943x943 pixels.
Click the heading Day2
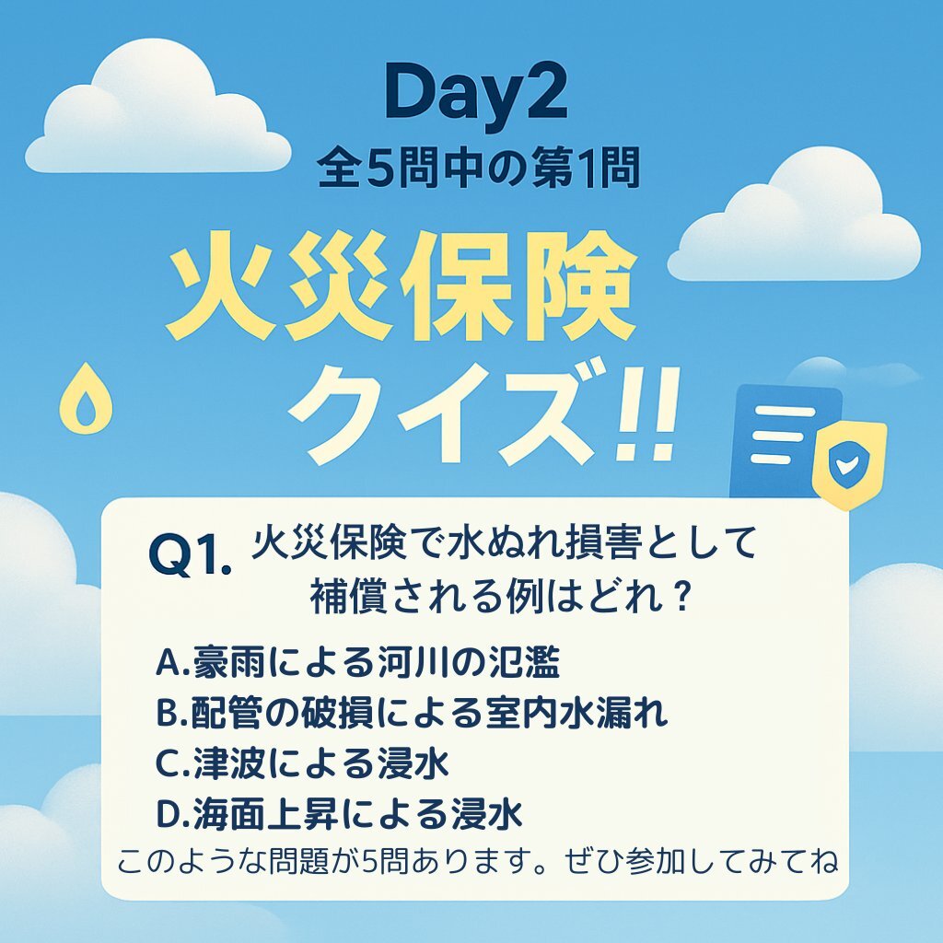coord(476,95)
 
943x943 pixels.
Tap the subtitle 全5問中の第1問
coord(478,168)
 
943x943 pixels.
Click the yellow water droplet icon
coord(86,398)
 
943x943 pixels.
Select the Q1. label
coord(189,555)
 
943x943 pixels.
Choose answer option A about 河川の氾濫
coord(357,663)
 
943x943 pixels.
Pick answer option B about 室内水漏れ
coord(412,714)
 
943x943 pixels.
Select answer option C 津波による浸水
coord(302,763)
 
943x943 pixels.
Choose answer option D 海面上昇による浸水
coord(339,814)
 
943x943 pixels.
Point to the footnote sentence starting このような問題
coord(477,862)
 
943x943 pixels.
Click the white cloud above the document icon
coord(794,216)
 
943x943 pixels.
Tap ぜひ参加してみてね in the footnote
coord(701,862)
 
